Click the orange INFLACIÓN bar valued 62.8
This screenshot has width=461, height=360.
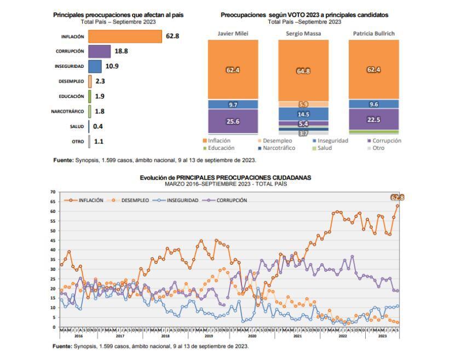click(x=125, y=36)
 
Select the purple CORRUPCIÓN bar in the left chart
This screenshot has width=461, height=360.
click(x=99, y=51)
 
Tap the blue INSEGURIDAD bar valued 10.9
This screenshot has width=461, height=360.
click(x=95, y=66)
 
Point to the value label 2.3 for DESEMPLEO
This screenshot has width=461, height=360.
click(x=100, y=81)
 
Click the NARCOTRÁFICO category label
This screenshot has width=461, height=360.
click(x=67, y=111)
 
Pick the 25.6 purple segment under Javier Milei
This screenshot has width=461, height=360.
click(x=233, y=121)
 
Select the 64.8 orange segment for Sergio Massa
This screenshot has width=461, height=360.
click(x=303, y=71)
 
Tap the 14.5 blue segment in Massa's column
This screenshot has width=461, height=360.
click(x=303, y=114)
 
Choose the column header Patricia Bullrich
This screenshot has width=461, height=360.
click(x=374, y=33)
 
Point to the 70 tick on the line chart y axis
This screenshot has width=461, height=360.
click(x=53, y=192)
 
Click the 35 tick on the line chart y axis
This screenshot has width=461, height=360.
click(x=53, y=259)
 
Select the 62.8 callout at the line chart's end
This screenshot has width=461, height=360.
click(x=397, y=198)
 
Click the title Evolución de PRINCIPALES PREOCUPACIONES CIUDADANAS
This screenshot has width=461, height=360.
click(x=226, y=178)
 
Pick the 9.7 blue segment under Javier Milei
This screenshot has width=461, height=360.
click(x=233, y=104)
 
